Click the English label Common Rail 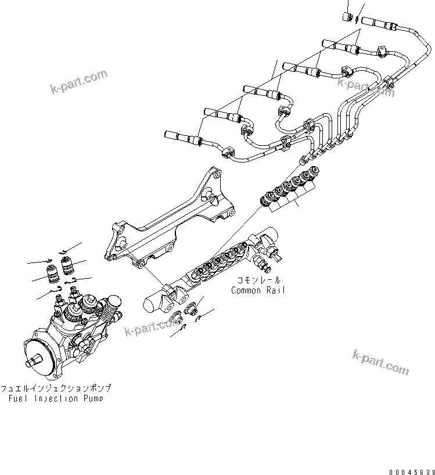coord(258,290)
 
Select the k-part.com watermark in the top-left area coord(78,83)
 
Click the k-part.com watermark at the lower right coord(380,362)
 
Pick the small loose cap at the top coord(350,16)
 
